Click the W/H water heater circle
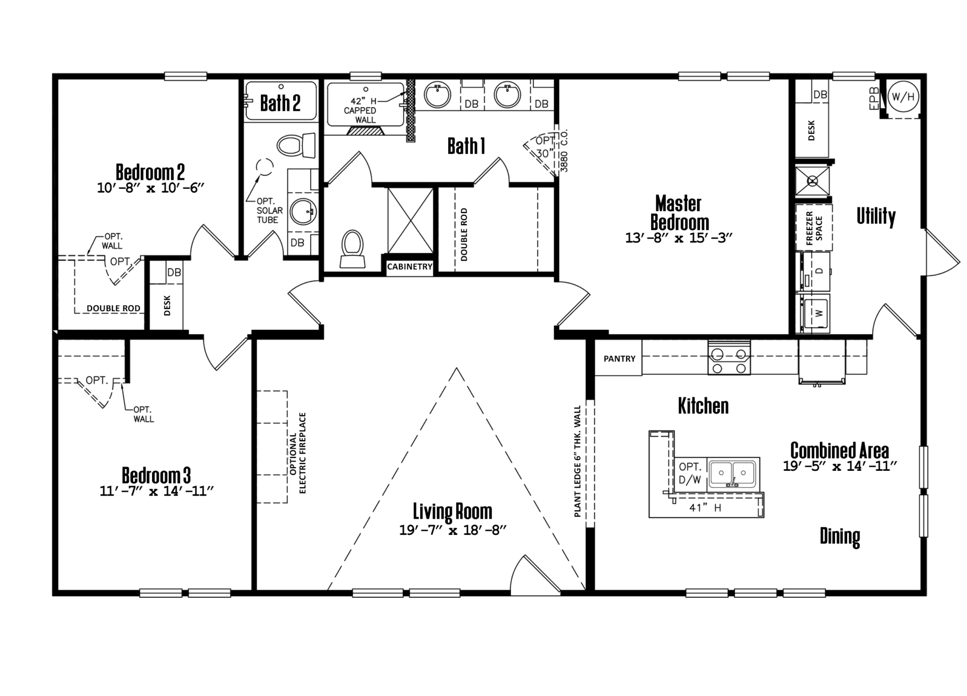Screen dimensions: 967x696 (903, 97)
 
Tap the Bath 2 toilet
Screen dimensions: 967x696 (296, 145)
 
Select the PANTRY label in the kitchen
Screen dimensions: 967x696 (619, 359)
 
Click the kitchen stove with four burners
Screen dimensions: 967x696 (729, 357)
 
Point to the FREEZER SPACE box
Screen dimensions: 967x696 (813, 228)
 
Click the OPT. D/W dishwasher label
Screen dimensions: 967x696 (690, 473)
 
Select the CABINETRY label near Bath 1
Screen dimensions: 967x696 (409, 266)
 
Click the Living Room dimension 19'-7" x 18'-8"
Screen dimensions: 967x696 (452, 530)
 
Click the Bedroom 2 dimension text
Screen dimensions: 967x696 (150, 188)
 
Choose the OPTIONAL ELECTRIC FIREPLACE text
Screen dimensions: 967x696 (298, 453)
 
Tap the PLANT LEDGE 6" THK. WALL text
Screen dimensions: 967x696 (577, 461)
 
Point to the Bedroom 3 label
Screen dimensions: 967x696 (156, 475)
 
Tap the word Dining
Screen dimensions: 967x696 (840, 536)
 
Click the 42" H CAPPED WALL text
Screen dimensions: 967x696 (360, 110)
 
